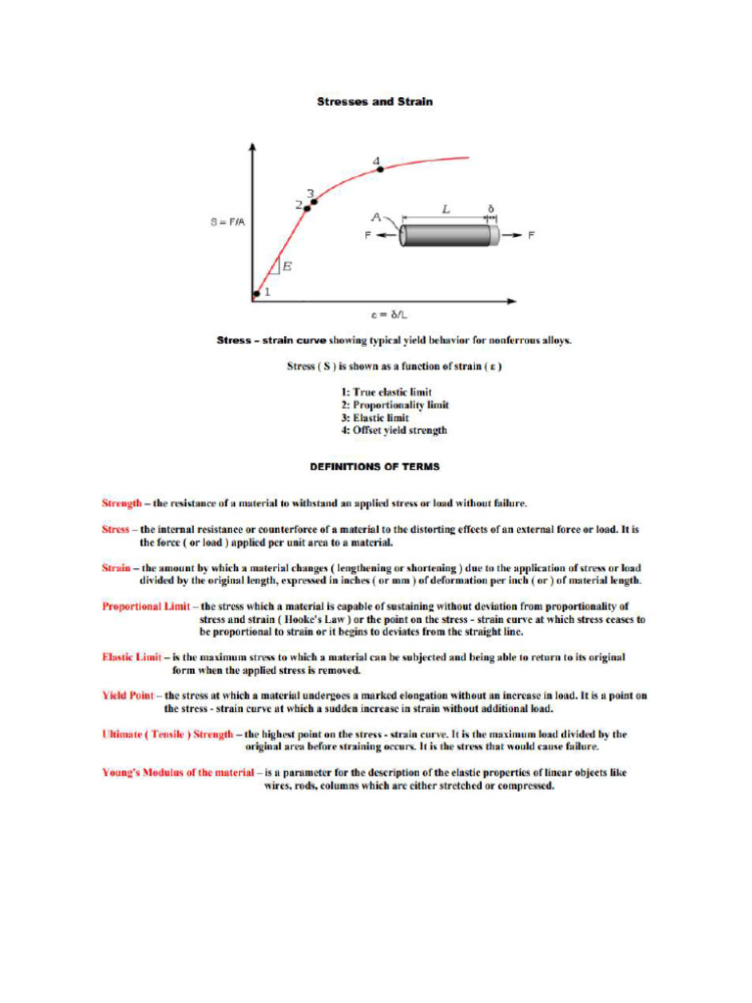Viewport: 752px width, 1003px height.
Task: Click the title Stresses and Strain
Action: pos(375,101)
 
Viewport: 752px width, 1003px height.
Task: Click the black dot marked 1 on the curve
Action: pos(257,292)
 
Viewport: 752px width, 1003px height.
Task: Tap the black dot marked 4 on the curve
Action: pos(381,170)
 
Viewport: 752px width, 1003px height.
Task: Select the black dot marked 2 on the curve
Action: pos(306,208)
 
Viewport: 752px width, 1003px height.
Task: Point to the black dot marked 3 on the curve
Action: pos(314,202)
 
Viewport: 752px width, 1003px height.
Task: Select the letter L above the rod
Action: pos(446,209)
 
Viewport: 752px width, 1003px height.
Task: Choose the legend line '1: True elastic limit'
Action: pos(386,392)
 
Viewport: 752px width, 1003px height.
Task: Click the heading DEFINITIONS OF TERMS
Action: pos(375,466)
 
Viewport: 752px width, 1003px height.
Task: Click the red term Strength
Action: pos(122,502)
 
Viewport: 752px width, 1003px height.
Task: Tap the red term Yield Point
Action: pos(127,695)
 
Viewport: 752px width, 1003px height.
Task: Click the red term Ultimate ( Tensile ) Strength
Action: pos(167,733)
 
